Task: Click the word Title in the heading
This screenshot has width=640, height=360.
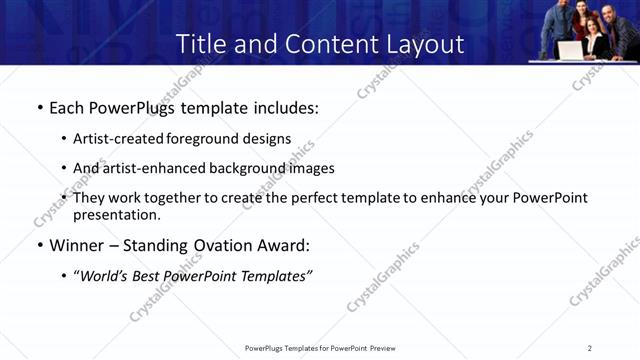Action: pos(198,44)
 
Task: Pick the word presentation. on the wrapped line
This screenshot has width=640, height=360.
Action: pos(116,214)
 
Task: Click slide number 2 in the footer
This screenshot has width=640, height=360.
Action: pos(590,348)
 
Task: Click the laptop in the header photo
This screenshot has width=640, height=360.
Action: pos(571,50)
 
